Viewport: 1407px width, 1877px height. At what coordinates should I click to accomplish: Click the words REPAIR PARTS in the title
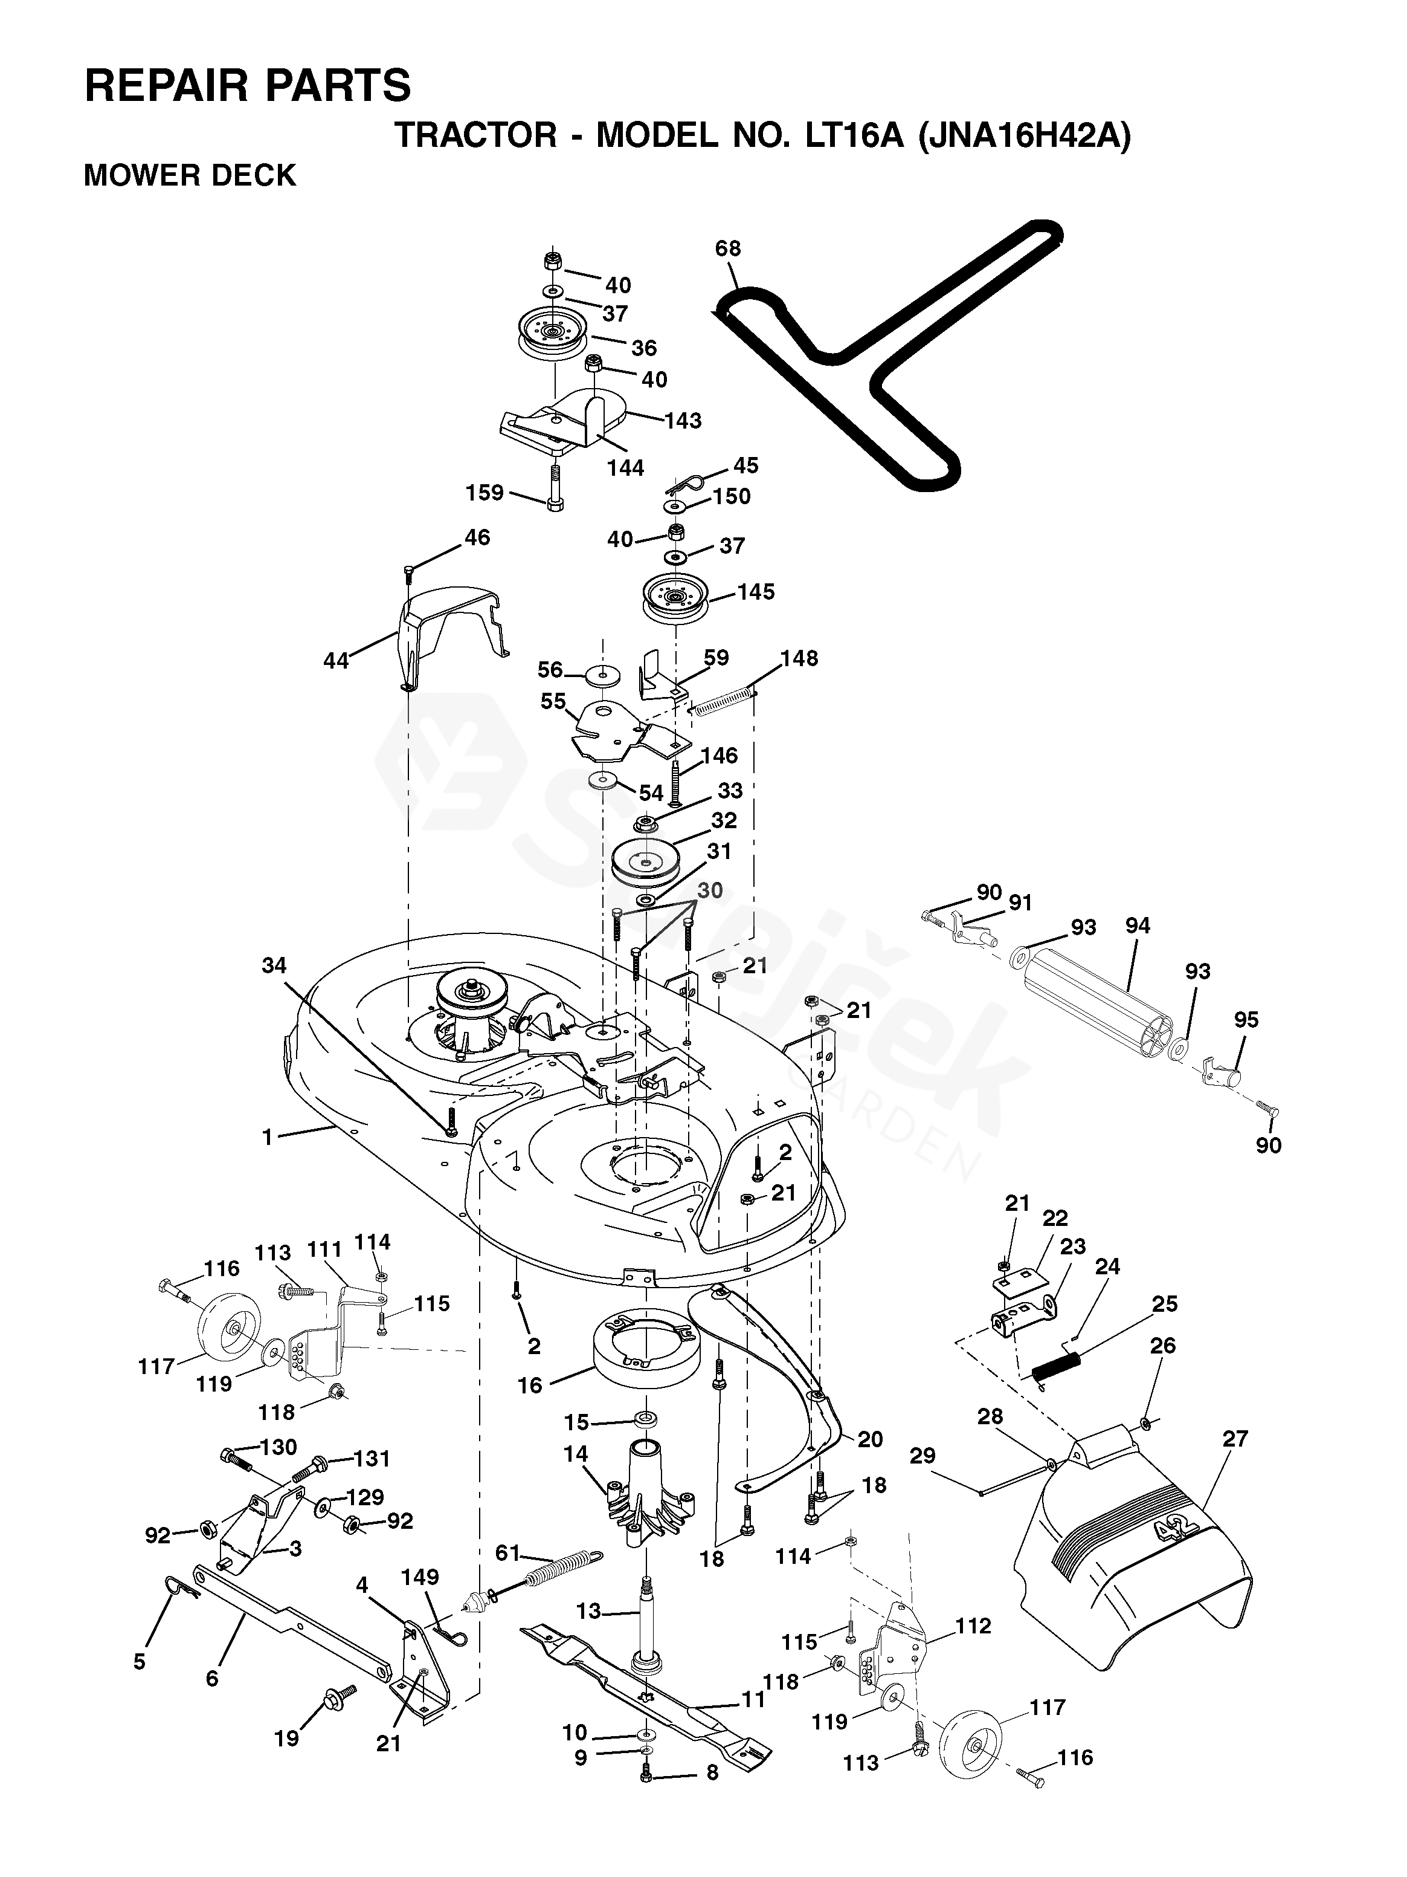(248, 86)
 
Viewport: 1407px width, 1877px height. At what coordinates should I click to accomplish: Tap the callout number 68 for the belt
(728, 248)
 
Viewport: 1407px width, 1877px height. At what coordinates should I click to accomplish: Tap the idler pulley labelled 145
(676, 599)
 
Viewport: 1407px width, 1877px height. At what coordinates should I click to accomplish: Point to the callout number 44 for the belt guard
(336, 660)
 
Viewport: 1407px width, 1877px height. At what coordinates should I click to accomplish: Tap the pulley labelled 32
(647, 861)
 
